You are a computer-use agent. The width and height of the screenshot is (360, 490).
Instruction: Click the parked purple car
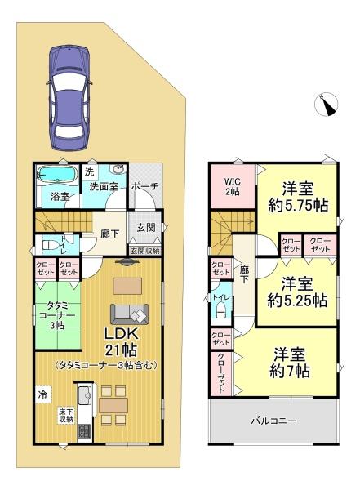[x=69, y=98]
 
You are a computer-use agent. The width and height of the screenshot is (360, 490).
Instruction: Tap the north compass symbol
[x=326, y=105]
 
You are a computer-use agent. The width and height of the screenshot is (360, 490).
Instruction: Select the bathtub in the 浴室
[x=57, y=173]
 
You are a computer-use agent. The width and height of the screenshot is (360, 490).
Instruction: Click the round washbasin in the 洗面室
[x=118, y=169]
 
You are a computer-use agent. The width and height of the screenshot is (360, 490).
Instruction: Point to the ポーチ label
[x=144, y=186]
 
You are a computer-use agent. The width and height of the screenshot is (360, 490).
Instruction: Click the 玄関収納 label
[x=144, y=251]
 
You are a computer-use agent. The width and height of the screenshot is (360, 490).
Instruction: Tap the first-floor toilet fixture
[x=48, y=244]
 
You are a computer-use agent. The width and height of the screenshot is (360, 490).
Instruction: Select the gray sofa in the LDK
[x=129, y=314]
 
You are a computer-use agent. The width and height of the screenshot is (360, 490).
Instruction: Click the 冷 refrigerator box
[x=42, y=394]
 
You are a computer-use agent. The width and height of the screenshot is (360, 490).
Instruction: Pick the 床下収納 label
[x=66, y=415]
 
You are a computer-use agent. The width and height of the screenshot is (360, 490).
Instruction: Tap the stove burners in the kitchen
[x=84, y=431]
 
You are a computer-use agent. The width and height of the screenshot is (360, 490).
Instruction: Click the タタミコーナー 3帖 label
[x=57, y=314]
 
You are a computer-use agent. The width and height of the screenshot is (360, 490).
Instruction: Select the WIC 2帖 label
[x=233, y=186]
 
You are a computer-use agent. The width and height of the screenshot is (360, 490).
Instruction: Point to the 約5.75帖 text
[x=298, y=206]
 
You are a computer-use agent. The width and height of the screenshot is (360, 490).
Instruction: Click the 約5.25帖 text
[x=297, y=301]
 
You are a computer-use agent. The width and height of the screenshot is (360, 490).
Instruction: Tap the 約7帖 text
[x=290, y=371]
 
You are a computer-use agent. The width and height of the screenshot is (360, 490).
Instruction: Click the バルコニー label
[x=274, y=421]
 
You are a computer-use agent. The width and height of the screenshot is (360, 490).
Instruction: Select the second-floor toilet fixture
[x=221, y=310]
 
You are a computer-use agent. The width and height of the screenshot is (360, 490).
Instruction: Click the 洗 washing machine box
[x=90, y=171]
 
